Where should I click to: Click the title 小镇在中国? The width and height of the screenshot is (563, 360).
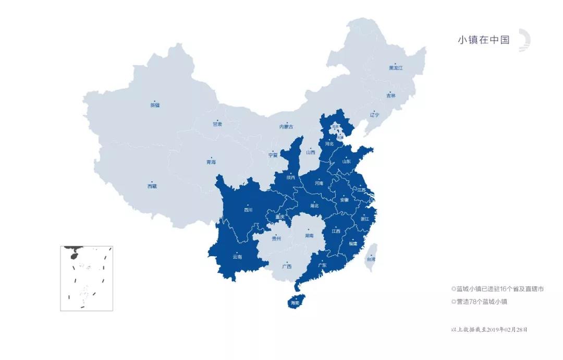pyautogui.click(x=483, y=40)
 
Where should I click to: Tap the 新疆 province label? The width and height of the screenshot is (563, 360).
pyautogui.click(x=155, y=105)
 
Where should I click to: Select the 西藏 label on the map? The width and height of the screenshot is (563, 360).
pyautogui.click(x=152, y=186)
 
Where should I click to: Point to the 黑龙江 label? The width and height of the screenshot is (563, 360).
pyautogui.click(x=396, y=68)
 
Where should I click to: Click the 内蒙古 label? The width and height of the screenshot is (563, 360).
pyautogui.click(x=286, y=127)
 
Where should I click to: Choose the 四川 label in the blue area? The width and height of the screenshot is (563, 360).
pyautogui.click(x=248, y=210)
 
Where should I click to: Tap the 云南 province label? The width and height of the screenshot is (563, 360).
pyautogui.click(x=237, y=257)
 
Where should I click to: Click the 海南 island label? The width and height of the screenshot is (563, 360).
pyautogui.click(x=295, y=303)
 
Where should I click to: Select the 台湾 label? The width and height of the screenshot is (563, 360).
pyautogui.click(x=370, y=259)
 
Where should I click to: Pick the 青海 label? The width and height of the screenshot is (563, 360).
pyautogui.click(x=211, y=162)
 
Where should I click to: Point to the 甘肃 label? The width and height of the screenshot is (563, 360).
pyautogui.click(x=217, y=124)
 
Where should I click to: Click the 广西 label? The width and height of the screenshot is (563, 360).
pyautogui.click(x=287, y=266)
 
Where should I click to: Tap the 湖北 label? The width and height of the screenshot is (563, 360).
pyautogui.click(x=314, y=206)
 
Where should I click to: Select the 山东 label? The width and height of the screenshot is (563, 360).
pyautogui.click(x=346, y=161)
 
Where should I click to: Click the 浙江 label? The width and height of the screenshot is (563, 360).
pyautogui.click(x=364, y=219)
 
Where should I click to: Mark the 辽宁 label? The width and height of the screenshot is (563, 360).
pyautogui.click(x=374, y=114)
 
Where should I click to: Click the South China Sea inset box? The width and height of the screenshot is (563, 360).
pyautogui.click(x=87, y=279)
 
